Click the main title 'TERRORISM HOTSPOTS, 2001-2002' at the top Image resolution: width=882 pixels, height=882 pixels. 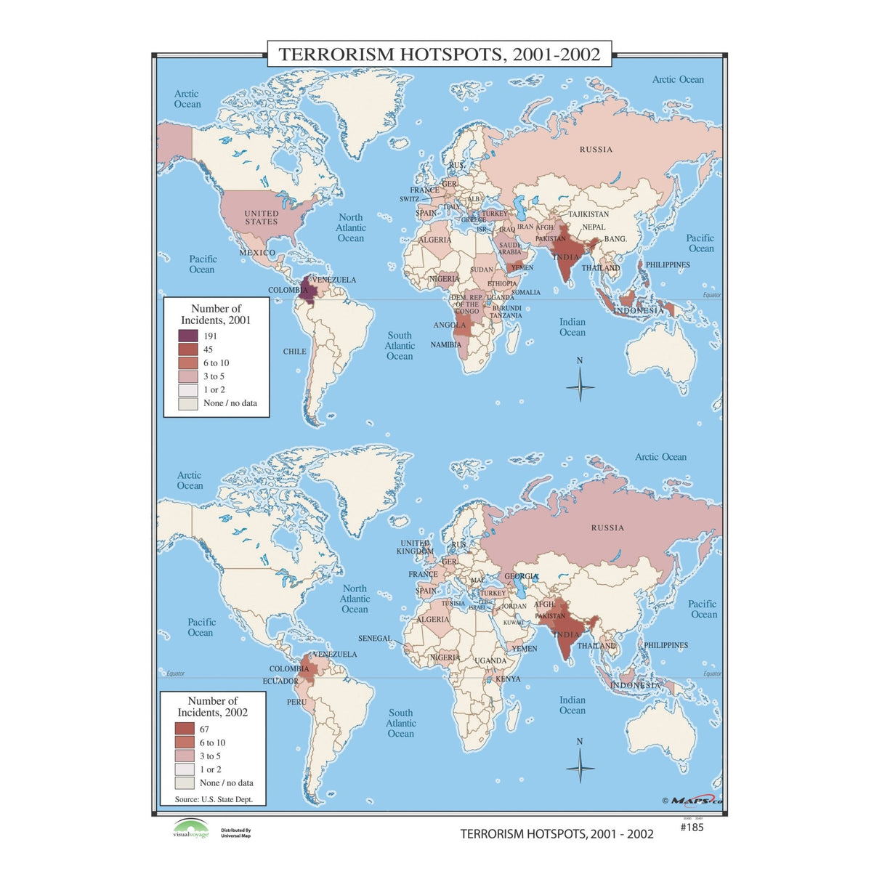pos(440,54)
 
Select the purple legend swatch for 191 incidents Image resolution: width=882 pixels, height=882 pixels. pos(188,336)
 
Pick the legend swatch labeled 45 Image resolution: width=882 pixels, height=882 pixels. pos(188,349)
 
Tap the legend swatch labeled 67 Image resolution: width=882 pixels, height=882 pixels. pos(185,729)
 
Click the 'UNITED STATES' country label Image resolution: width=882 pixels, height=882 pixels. pos(261,217)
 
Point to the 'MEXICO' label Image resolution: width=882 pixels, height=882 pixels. pos(257,253)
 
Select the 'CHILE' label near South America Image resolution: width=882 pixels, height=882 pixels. pos(294,352)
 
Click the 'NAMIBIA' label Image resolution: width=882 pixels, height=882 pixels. pos(445,345)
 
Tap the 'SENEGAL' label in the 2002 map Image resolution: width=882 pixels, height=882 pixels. pos(375,639)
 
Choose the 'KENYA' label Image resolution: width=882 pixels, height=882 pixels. pos(508,679)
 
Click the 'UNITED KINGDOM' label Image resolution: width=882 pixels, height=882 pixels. pos(415,547)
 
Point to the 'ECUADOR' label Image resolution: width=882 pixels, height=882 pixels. pos(280,681)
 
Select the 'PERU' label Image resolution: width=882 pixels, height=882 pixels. pos(296,702)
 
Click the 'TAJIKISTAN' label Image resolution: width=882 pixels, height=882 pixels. pos(588,214)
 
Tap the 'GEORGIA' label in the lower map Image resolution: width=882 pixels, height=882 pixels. pos(522,576)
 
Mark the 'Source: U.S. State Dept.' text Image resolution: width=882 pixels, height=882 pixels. pos(214,799)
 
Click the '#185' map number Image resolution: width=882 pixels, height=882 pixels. pos(692,827)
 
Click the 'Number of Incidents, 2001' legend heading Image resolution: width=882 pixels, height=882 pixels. pos(216,314)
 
